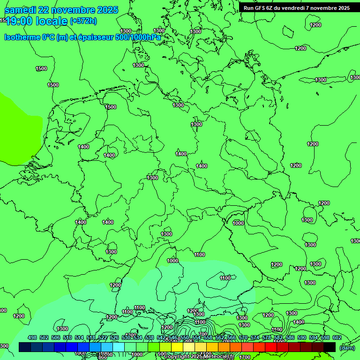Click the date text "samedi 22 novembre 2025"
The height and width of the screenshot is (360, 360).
pos(61,10)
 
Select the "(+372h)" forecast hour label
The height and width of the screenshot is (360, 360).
pos(83,21)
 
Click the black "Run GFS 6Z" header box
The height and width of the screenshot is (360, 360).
pos(296,8)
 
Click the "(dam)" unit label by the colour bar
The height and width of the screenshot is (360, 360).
pos(347,347)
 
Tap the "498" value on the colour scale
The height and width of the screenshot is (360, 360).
pos(32,338)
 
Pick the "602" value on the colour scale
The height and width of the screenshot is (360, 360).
pos(337,338)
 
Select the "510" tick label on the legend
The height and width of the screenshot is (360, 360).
pos(67,338)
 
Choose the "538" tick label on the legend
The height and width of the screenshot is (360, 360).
pos(150,338)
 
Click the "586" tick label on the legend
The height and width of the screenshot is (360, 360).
pos(290,338)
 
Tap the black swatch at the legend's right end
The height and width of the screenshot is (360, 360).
pos(330,347)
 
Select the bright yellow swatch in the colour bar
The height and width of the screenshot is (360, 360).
pos(177,347)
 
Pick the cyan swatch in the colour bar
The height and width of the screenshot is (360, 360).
pos(119,347)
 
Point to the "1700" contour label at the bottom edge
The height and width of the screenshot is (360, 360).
pos(244,357)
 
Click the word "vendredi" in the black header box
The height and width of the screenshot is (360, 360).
pos(293,8)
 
